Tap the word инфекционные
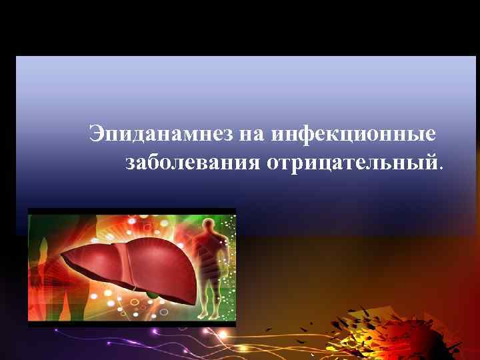coord(354,134)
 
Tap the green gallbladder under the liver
coord(153,293)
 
